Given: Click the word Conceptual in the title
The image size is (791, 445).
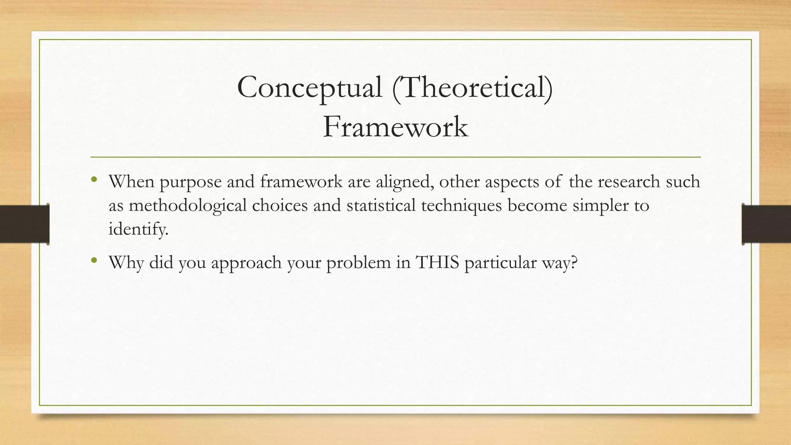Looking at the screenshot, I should [x=309, y=88].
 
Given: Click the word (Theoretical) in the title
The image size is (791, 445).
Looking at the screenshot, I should [x=472, y=88].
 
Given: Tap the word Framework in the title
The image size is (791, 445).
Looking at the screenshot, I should [x=395, y=127].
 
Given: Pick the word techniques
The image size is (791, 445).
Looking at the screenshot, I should [x=461, y=206].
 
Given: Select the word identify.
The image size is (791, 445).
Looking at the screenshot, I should [x=138, y=229].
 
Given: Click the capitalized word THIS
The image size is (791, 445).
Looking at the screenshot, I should [x=437, y=263].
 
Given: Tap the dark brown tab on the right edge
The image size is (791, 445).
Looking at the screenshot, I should [x=766, y=224].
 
